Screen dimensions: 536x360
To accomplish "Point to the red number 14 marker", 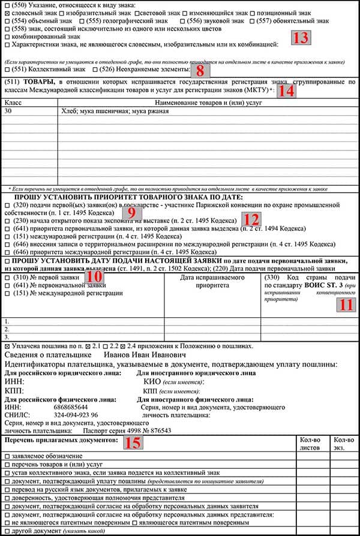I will click(x=286, y=91).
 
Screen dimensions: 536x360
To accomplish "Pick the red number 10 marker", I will click(x=94, y=276).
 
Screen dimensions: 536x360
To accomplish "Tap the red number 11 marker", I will click(x=346, y=303).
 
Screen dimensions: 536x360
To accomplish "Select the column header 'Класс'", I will click(x=13, y=103).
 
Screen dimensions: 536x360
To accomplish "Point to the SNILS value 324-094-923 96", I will click(x=76, y=415).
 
